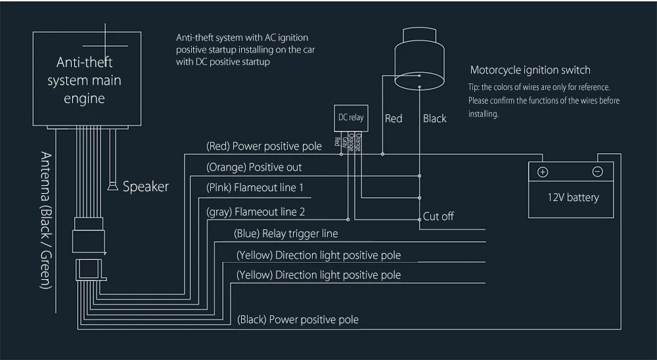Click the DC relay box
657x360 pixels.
(351, 118)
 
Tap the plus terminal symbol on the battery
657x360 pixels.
(543, 172)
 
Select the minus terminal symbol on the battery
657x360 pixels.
(597, 171)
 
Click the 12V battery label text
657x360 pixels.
(573, 197)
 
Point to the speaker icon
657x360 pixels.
(112, 186)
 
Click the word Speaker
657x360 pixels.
(145, 187)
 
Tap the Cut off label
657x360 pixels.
(438, 216)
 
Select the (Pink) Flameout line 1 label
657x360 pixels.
(255, 187)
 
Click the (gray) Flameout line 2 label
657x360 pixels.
(256, 212)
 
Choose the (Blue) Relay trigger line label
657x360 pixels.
(286, 233)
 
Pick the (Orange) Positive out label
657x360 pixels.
(254, 168)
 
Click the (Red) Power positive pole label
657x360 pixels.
(264, 146)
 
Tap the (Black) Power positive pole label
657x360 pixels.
(298, 320)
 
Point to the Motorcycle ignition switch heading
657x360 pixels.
(530, 70)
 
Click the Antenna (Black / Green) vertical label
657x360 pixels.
(46, 221)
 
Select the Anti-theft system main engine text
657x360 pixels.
(84, 80)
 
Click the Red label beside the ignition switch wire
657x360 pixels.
(394, 119)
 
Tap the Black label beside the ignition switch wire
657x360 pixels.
(434, 119)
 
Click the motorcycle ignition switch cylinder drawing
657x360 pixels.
(419, 58)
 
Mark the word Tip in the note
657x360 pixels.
(474, 87)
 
